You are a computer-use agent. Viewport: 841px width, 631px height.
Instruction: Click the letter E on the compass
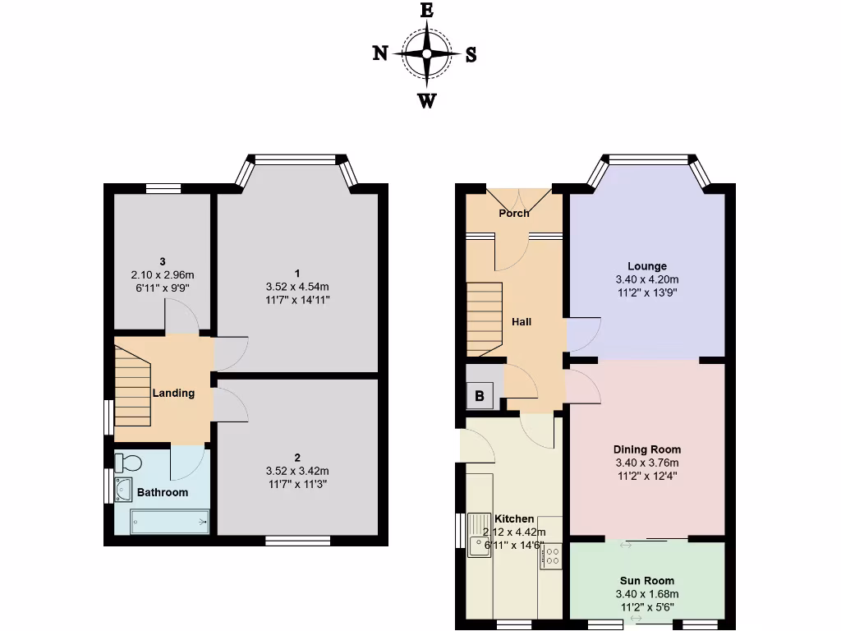[x=426, y=10]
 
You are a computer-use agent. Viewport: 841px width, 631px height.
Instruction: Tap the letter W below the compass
[x=427, y=101]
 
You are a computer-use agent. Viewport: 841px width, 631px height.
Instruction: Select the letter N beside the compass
[x=380, y=53]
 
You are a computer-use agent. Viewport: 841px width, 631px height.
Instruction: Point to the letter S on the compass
[x=471, y=54]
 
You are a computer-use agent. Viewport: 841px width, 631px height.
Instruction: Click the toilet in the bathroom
[x=128, y=463]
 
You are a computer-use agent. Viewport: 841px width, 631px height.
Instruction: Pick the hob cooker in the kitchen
[x=550, y=557]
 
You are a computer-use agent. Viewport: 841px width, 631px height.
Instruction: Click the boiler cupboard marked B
[x=479, y=394]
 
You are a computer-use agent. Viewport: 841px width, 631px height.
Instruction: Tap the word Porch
[x=514, y=214]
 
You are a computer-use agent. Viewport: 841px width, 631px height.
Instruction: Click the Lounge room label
[x=647, y=266]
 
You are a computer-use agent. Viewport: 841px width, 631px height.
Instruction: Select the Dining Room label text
[x=647, y=449]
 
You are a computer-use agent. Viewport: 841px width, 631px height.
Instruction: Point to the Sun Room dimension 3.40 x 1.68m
[x=647, y=594]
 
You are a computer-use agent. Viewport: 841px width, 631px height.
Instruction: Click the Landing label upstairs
[x=173, y=393]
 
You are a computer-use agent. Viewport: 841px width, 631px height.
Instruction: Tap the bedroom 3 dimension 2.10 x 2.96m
[x=163, y=274]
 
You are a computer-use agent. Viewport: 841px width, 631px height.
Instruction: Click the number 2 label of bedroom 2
[x=297, y=458]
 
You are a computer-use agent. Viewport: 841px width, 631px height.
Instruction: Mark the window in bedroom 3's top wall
[x=163, y=188]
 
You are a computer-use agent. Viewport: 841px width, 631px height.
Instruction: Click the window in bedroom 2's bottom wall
[x=297, y=541]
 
